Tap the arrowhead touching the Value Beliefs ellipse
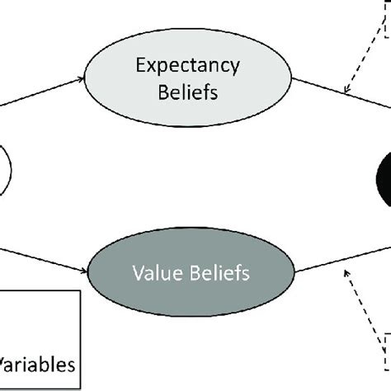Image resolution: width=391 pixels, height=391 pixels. [87, 269]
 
